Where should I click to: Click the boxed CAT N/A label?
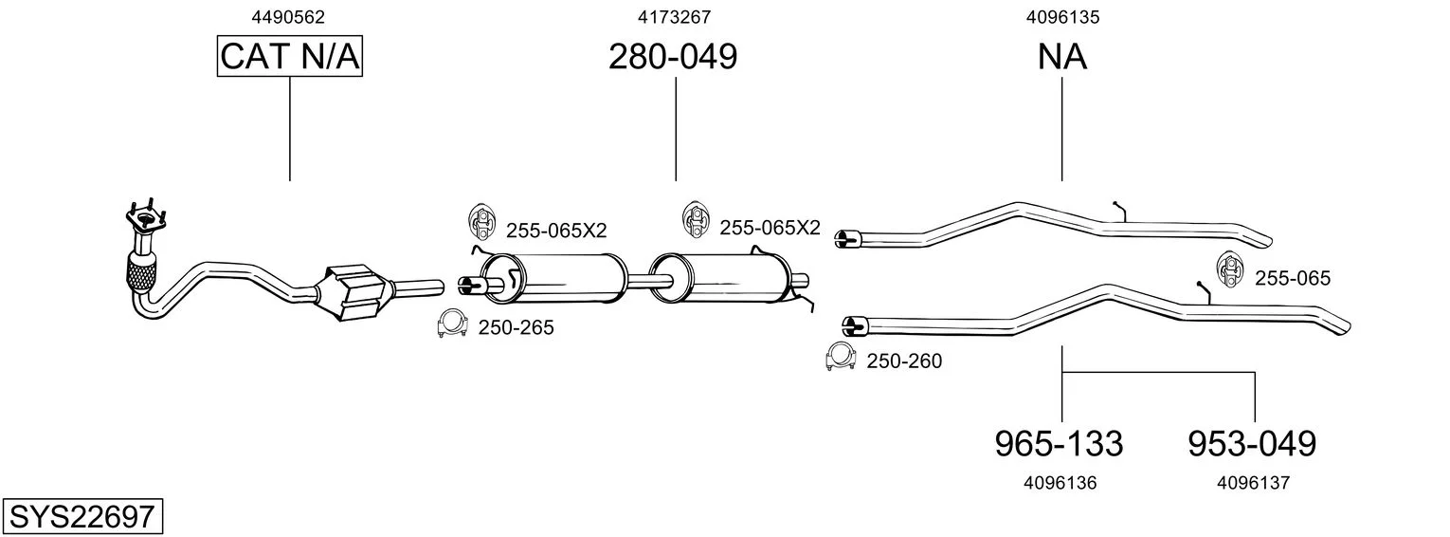pyautogui.click(x=289, y=56)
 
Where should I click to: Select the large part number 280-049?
pyautogui.click(x=673, y=56)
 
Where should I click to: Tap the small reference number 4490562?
pyautogui.click(x=288, y=17)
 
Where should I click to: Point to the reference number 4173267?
pyautogui.click(x=674, y=17)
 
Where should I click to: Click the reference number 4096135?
pyautogui.click(x=1062, y=17)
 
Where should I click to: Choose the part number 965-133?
pyautogui.click(x=1059, y=444)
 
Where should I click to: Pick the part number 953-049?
pyautogui.click(x=1252, y=444)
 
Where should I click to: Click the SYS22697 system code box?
pyautogui.click(x=82, y=516)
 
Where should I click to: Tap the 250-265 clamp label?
pyautogui.click(x=516, y=327)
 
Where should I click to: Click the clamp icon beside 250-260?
pyautogui.click(x=841, y=357)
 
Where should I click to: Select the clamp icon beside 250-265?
pyautogui.click(x=452, y=324)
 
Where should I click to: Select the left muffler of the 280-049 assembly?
pyautogui.click(x=553, y=279)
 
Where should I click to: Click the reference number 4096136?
pyautogui.click(x=1060, y=483)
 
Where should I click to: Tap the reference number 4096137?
pyautogui.click(x=1253, y=483)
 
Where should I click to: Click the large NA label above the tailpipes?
pyautogui.click(x=1061, y=56)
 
